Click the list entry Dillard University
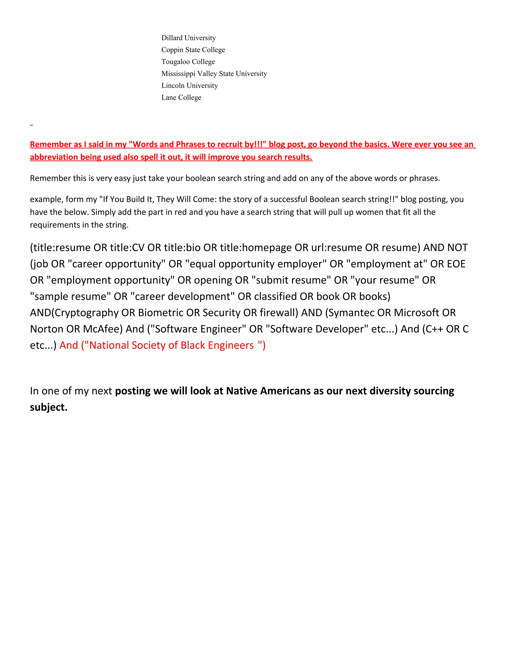click(x=188, y=38)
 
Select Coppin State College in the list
click(x=193, y=50)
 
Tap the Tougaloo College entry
click(x=188, y=62)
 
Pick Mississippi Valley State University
click(x=214, y=74)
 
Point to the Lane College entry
click(x=181, y=97)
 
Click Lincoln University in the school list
click(x=190, y=86)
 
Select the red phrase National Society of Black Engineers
click(x=172, y=345)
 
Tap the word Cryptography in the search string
click(x=86, y=313)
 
